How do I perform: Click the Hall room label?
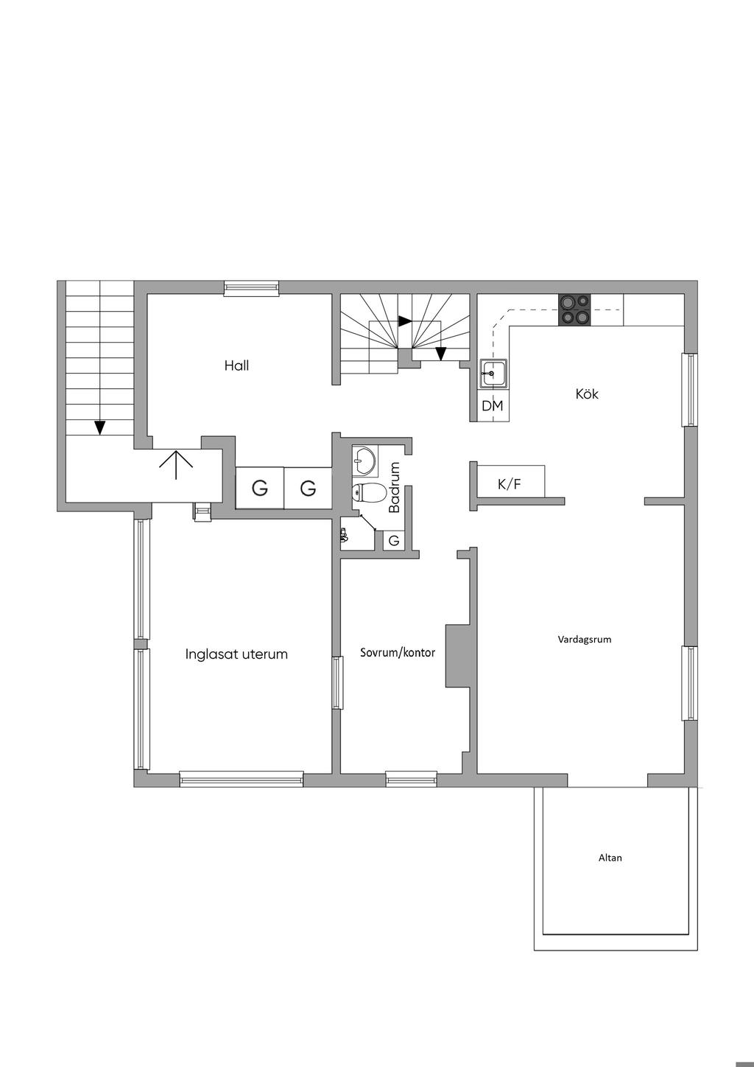(236, 365)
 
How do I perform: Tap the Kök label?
(586, 394)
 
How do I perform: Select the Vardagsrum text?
(585, 640)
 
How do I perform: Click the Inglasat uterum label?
(236, 654)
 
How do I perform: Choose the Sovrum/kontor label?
(398, 653)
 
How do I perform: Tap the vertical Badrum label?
(394, 487)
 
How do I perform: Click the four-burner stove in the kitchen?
(574, 310)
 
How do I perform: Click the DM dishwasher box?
(493, 406)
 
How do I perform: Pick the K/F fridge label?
(510, 484)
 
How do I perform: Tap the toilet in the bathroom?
(369, 492)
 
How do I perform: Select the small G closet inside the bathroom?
(394, 541)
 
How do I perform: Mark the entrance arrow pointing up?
(176, 465)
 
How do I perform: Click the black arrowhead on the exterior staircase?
(99, 427)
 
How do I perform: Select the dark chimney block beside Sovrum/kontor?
(457, 656)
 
